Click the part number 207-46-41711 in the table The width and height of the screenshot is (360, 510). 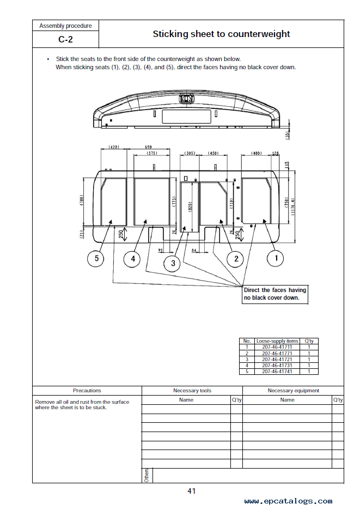277,347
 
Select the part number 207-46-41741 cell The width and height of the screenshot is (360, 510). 277,372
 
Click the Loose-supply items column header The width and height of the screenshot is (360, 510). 277,341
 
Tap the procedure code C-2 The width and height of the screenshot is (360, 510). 65,39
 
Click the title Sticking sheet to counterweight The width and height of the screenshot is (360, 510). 221,34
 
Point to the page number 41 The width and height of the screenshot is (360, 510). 192,491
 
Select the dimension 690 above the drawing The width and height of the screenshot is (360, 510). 148,147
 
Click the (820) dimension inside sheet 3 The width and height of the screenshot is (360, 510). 190,206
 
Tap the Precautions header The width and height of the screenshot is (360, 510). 87,391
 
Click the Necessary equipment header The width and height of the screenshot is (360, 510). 294,391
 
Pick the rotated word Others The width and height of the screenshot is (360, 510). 147,475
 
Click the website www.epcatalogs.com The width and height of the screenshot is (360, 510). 288,501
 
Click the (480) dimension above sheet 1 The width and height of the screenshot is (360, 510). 257,153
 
